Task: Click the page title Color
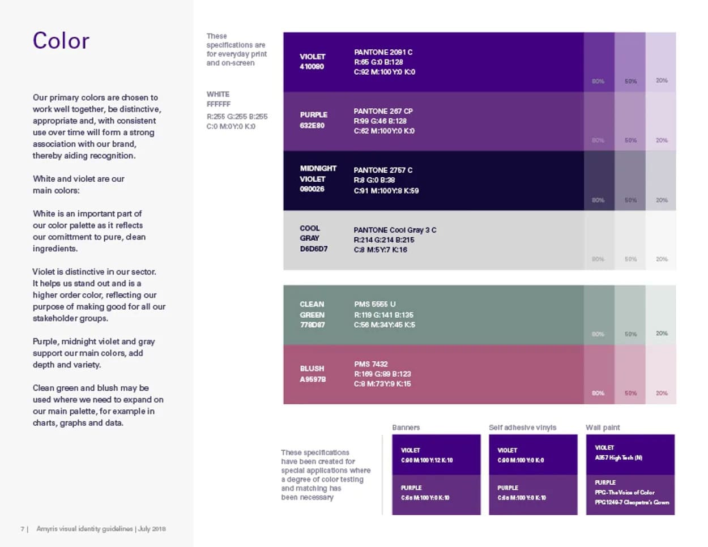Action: pos(61,41)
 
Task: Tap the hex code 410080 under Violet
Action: pos(312,67)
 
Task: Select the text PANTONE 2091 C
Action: pos(383,52)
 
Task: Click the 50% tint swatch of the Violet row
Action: pos(630,62)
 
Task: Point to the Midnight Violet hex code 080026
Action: pos(312,189)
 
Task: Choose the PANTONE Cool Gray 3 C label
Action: pos(395,230)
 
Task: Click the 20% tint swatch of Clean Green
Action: pos(661,315)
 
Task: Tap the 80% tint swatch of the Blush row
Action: pos(599,374)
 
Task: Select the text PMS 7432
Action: pos(371,364)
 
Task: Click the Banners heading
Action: pos(406,428)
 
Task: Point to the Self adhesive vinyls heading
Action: pos(522,428)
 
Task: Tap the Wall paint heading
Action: pos(603,428)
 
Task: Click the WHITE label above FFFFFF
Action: pos(218,94)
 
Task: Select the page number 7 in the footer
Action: pos(23,529)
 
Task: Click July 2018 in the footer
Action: pos(152,529)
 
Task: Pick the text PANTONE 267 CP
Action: pos(383,111)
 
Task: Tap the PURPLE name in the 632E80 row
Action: pos(314,114)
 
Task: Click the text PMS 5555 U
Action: pos(374,304)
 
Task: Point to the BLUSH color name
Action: pos(312,369)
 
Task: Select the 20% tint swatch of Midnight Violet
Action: pos(661,181)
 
